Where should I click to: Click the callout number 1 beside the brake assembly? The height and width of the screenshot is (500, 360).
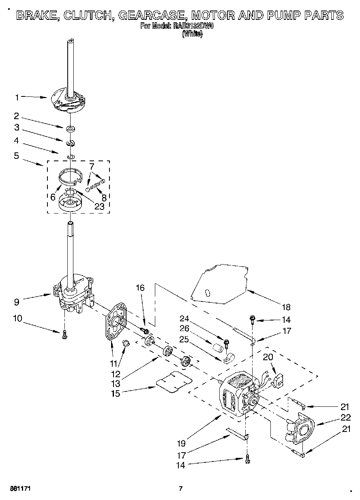point(17,97)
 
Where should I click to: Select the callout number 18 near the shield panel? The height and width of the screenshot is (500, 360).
point(286,307)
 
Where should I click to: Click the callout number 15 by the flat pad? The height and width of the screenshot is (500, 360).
point(116,393)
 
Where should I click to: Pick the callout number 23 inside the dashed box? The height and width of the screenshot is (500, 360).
point(99,206)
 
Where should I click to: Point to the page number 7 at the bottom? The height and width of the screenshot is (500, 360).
point(181,488)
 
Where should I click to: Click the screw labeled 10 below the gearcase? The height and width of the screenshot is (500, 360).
point(65,335)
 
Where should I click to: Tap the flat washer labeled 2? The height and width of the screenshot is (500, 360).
point(71,129)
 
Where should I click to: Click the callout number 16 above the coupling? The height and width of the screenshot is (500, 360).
point(140,288)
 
